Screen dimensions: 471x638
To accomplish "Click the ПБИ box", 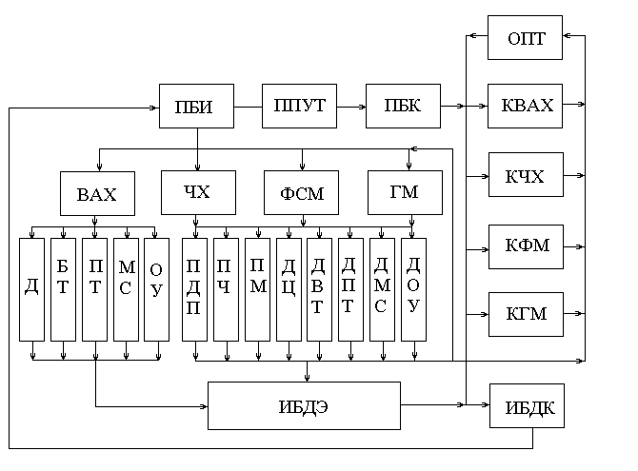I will click(197, 106).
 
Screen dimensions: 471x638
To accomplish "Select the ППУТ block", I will click(299, 106).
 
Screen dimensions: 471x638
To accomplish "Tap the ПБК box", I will click(403, 106).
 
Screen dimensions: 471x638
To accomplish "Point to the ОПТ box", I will click(525, 38).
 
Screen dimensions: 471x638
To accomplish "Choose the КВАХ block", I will click(525, 106).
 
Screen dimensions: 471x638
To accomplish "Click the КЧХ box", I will click(525, 175).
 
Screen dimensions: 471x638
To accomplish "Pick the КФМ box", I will click(525, 245).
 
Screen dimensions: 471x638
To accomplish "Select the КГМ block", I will click(525, 314).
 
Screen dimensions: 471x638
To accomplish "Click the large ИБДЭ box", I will click(304, 406).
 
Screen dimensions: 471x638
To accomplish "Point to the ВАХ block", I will click(96, 194).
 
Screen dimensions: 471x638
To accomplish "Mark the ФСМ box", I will click(301, 194).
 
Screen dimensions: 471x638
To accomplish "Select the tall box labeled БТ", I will click(63, 288).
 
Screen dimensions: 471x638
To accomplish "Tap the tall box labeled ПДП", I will click(194, 288).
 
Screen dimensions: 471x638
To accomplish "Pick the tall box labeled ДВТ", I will click(319, 288).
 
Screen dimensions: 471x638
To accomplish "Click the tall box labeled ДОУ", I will click(413, 288).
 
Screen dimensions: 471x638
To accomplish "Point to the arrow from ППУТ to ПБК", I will click(351, 106).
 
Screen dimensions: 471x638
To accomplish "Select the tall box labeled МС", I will click(126, 288).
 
